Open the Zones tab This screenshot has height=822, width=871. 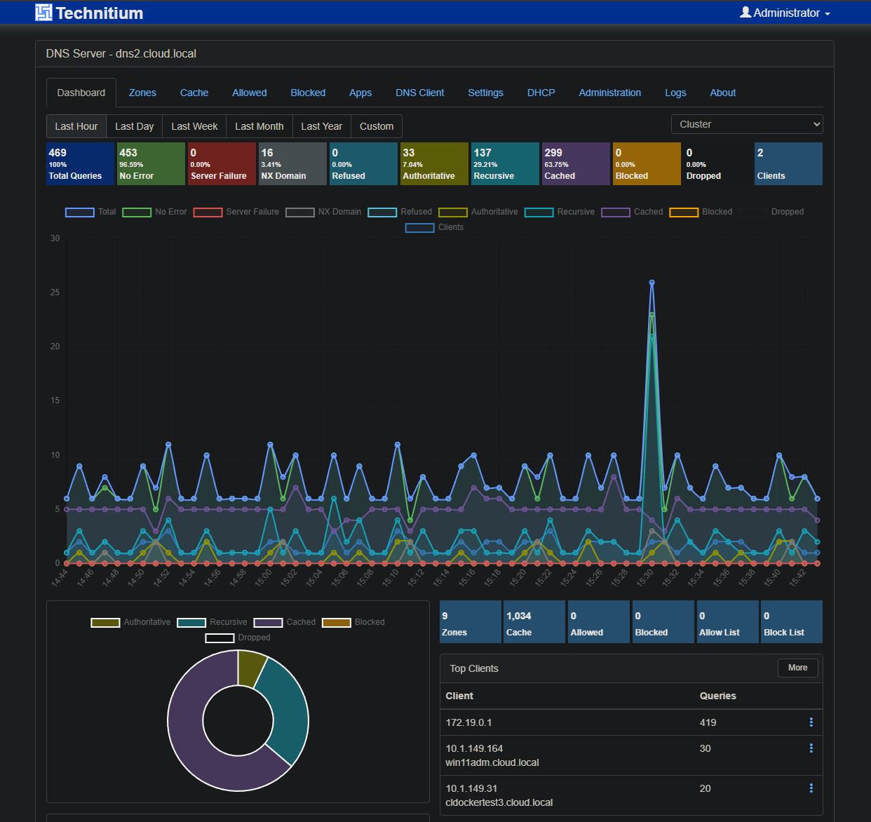[142, 93]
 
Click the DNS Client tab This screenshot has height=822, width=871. [419, 93]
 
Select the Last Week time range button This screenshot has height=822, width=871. [194, 126]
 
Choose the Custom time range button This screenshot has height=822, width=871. [376, 126]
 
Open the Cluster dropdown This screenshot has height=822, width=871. [746, 124]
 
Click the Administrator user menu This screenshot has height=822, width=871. [785, 13]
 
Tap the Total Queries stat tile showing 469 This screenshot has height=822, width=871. [80, 164]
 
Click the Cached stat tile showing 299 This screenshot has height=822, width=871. [575, 164]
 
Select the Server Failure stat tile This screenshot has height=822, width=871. [222, 164]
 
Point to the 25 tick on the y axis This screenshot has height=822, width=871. [55, 292]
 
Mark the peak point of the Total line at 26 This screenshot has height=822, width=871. [651, 283]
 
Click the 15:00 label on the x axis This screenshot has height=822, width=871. [264, 578]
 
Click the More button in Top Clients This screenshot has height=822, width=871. [797, 668]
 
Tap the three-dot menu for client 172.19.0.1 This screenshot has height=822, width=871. [811, 722]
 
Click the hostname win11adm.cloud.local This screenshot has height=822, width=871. [492, 762]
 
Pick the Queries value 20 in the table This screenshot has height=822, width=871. [705, 788]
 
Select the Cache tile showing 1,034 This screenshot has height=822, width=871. [534, 622]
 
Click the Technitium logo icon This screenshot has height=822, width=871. [43, 13]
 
